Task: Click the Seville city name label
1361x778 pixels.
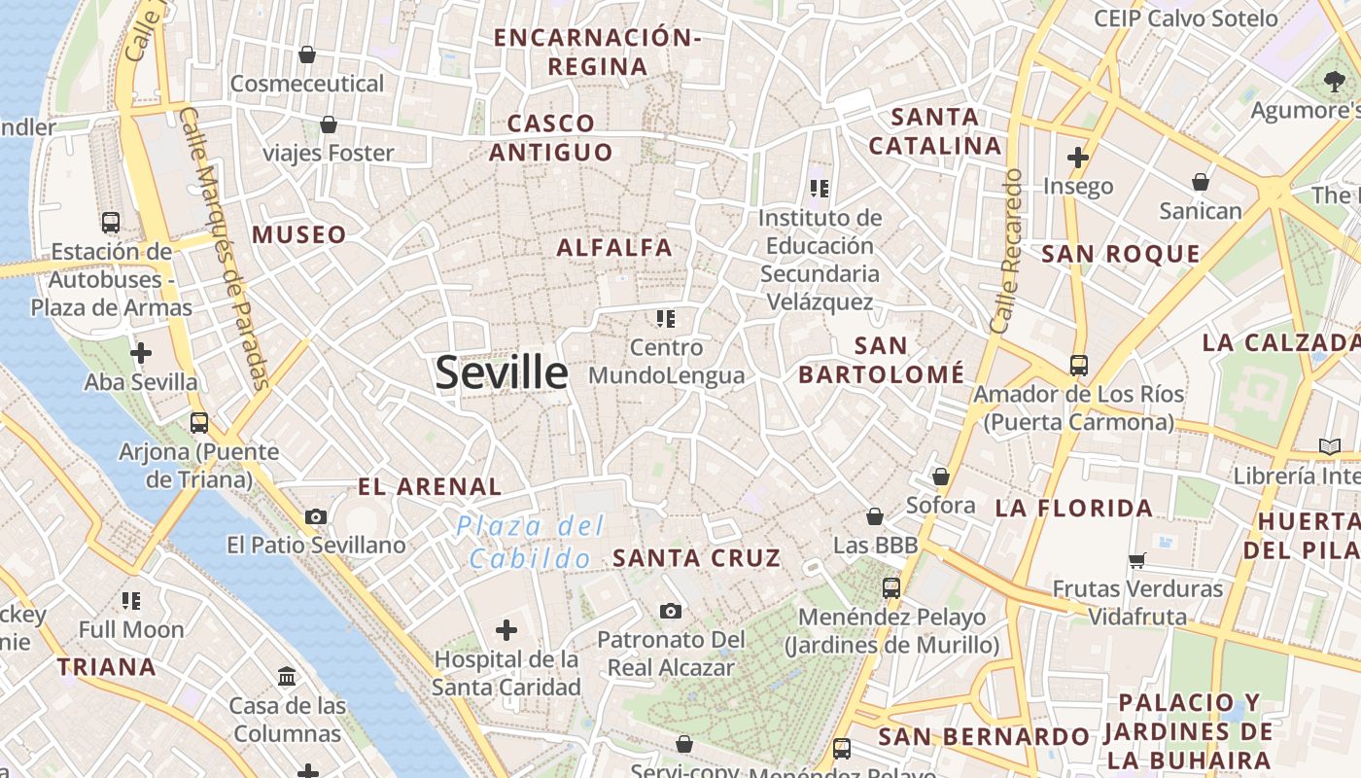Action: [x=501, y=372]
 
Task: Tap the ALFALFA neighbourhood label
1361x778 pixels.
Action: [x=614, y=247]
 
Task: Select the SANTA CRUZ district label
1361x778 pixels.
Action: [x=696, y=557]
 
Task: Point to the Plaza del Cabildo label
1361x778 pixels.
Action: [x=531, y=542]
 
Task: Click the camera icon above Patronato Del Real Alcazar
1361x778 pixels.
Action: [x=670, y=611]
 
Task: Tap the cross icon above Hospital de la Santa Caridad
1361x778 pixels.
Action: [x=506, y=630]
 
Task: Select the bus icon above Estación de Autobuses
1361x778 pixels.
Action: [x=111, y=222]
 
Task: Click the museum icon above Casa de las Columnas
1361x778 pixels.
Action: [x=287, y=676]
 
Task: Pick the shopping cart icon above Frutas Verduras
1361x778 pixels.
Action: [x=1137, y=560]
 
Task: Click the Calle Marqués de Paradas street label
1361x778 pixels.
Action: [x=225, y=247]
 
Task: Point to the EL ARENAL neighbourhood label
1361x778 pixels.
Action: [x=430, y=486]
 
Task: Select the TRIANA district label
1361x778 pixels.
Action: [x=107, y=666]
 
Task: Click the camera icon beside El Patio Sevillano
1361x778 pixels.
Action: [x=316, y=516]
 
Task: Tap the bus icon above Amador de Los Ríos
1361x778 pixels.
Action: [x=1078, y=366]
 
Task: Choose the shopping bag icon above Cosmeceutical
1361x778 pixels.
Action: [x=307, y=54]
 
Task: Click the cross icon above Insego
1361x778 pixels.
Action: [x=1077, y=157]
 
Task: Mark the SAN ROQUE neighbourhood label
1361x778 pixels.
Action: [x=1121, y=255]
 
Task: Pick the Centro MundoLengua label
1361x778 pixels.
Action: [x=667, y=361]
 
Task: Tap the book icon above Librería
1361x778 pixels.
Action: [x=1329, y=446]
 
